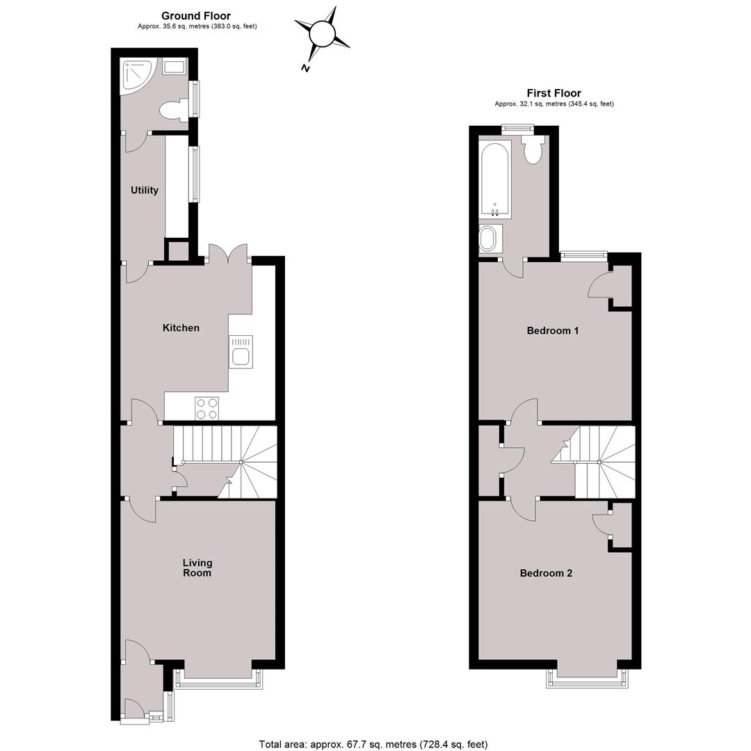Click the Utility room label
144,190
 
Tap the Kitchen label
181,328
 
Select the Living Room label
197,567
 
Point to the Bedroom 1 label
553,330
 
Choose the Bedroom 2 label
546,573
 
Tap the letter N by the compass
305,68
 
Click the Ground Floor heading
196,16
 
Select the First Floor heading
554,93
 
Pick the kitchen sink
241,352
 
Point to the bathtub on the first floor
494,180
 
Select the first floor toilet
532,149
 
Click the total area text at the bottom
373,744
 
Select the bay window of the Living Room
218,679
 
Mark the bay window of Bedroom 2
587,679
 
